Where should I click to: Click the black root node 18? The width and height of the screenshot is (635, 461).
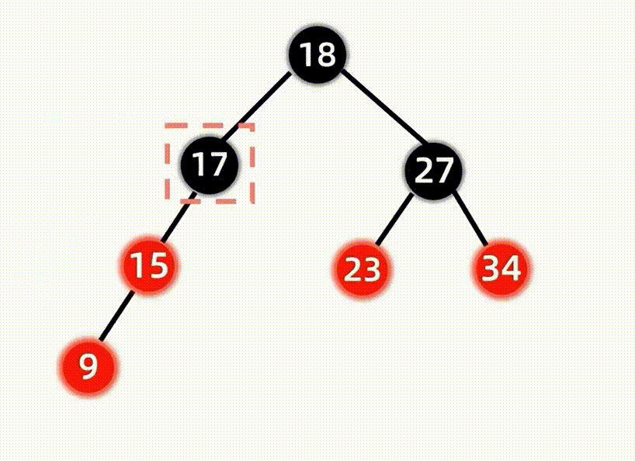click(x=316, y=56)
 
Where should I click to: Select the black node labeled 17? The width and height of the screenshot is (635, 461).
click(x=210, y=165)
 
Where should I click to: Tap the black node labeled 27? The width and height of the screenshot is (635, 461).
click(x=433, y=170)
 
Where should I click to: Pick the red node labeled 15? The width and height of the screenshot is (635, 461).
click(x=147, y=266)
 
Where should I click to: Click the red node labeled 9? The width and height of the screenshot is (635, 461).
click(x=88, y=365)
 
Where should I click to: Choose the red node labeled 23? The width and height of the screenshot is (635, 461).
click(x=363, y=270)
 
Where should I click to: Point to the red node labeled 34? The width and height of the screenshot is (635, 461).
click(x=501, y=269)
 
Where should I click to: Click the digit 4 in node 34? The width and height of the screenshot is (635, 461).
click(x=511, y=269)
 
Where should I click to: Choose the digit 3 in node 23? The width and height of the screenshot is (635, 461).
click(x=373, y=270)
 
